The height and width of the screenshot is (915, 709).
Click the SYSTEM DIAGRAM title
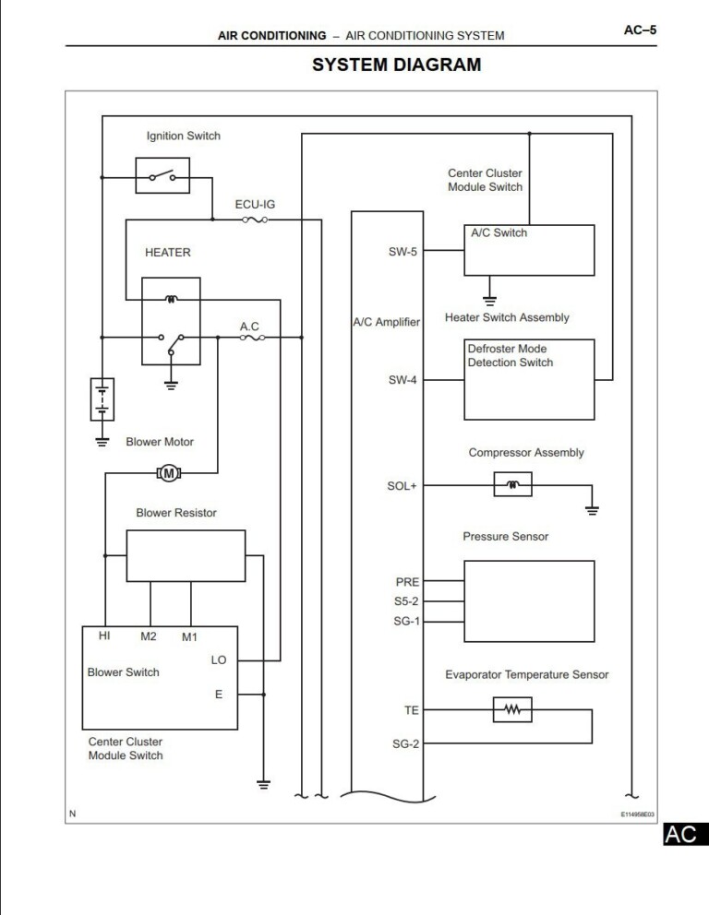point(396,65)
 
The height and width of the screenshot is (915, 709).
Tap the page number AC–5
point(640,30)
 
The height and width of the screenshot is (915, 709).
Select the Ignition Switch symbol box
point(162,175)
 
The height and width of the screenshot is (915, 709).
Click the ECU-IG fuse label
point(255,204)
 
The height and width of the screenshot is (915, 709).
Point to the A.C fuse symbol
point(252,339)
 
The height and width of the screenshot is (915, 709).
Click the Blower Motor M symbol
point(168,473)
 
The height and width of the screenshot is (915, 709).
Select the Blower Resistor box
point(186,555)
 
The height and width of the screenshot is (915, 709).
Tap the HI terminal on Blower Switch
point(105,636)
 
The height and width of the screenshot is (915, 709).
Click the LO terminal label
point(219,660)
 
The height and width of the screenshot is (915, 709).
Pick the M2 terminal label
point(149,636)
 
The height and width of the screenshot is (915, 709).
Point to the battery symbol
point(102,399)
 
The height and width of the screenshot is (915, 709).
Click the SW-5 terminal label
point(403,251)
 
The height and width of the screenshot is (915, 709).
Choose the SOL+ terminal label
point(402,486)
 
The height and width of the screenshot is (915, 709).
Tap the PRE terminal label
point(407,582)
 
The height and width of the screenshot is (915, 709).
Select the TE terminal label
point(411,710)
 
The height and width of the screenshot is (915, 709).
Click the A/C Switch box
point(529,250)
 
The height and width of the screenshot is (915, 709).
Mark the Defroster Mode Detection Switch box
point(529,379)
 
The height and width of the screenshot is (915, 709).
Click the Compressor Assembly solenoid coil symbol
point(512,484)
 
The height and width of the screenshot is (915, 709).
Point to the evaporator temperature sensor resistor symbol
point(512,709)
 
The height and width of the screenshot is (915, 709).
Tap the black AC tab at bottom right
point(683,835)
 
